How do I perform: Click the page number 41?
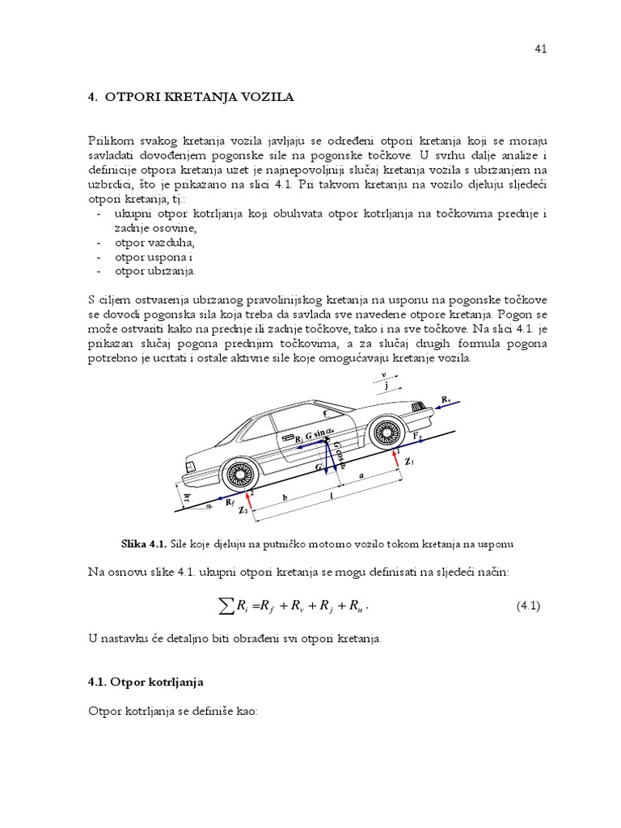click(x=541, y=49)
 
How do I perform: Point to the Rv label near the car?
click(x=446, y=399)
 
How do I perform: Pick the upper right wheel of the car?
click(x=385, y=433)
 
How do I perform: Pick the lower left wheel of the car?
click(x=239, y=475)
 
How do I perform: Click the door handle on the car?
click(x=288, y=436)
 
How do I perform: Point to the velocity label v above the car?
click(x=384, y=375)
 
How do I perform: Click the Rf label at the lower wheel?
click(x=231, y=502)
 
